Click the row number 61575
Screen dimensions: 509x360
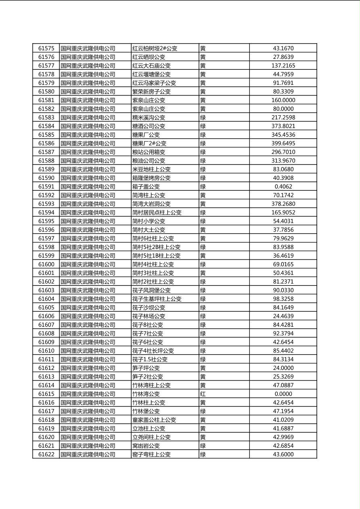46,48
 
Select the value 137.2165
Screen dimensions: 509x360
283,66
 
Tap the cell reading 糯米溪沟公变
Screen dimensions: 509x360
149,117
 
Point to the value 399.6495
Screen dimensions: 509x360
283,144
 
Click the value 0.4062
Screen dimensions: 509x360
283,187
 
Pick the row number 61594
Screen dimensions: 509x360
46,213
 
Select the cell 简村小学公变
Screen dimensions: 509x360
149,221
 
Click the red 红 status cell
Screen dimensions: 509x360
203,394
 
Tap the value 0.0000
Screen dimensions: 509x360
283,394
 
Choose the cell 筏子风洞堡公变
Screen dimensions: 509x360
151,290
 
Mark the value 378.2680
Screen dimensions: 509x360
283,204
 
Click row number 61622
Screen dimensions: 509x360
46,455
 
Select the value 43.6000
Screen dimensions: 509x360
283,455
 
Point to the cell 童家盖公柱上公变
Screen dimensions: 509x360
154,420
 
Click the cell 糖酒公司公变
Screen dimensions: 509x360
149,126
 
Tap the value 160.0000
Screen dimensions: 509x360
283,100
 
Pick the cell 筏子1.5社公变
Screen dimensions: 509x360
150,359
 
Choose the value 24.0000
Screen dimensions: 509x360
283,368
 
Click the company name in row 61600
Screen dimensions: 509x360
88,265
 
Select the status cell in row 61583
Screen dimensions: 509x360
203,117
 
